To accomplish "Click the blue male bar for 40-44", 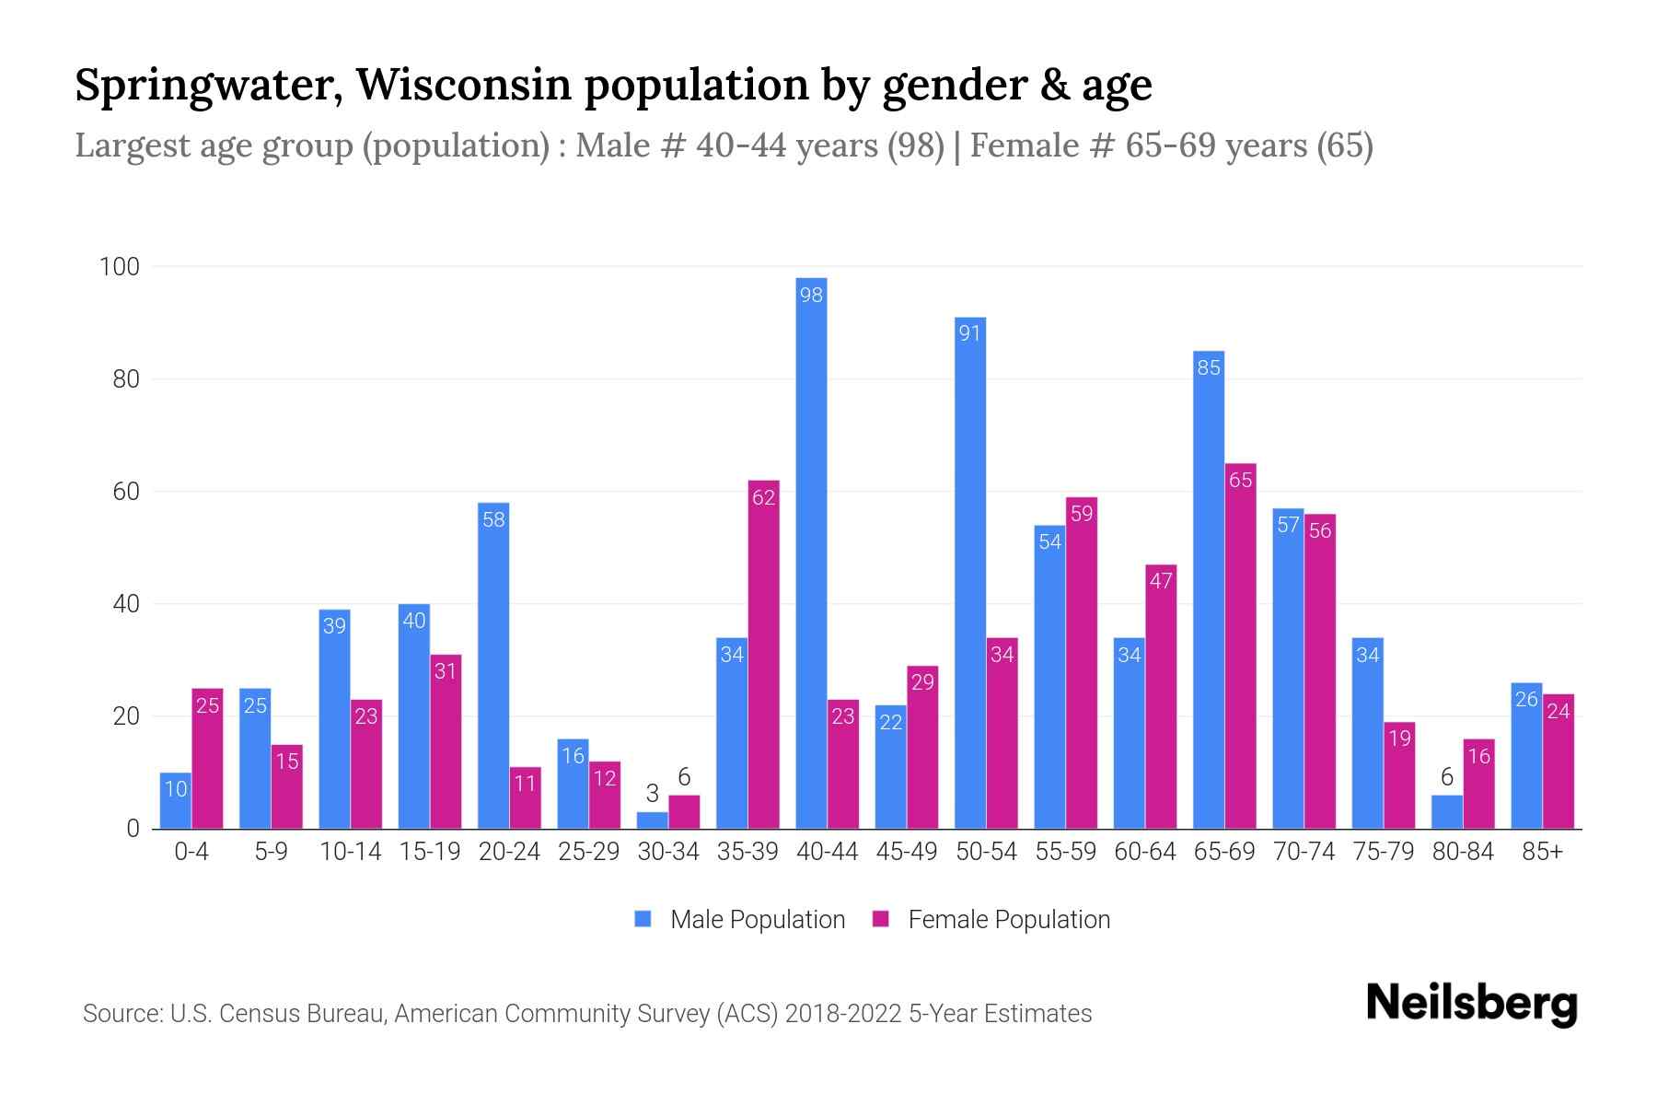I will coord(811,552).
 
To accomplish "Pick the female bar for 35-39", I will coord(763,655).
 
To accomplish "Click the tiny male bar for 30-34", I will coord(652,820).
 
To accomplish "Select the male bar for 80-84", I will coord(1446,812).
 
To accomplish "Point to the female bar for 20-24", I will coord(525,798).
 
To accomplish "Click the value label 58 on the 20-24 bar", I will coord(493,519).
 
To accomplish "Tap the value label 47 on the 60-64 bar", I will coord(1161,581).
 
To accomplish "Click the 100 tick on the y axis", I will coord(120,267).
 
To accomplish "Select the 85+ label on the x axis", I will coord(1542,852).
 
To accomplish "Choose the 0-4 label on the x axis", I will coord(191,852).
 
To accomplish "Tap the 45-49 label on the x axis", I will coord(906,852).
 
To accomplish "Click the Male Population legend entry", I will coord(757,920).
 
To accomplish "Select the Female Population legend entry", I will coord(1008,920).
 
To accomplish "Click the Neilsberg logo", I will coord(1471,1004).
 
